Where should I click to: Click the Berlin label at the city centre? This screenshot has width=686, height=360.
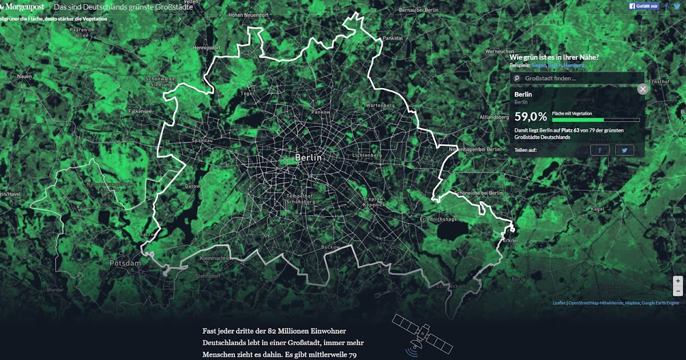tap(309, 157)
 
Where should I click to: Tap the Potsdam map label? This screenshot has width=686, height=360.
tap(125, 263)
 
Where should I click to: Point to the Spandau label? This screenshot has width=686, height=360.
tap(202, 140)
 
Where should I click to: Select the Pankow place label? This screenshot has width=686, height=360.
tap(321, 112)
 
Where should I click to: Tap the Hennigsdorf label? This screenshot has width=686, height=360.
tap(207, 47)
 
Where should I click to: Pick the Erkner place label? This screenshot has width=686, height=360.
tap(510, 241)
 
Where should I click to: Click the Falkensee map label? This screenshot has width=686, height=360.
tap(140, 111)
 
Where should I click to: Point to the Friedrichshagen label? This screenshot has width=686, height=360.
tap(440, 219)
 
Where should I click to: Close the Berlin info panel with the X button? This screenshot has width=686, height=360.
tap(643, 89)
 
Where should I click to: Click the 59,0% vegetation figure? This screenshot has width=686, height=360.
tap(531, 117)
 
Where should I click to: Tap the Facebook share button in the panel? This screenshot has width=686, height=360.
tap(600, 150)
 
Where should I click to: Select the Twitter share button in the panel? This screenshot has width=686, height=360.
tap(625, 150)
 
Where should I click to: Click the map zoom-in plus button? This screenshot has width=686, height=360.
tap(678, 281)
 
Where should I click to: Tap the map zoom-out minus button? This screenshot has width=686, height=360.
tap(678, 291)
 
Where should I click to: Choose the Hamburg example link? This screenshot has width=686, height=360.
tap(574, 66)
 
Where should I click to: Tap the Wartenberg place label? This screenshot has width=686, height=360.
tap(380, 106)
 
